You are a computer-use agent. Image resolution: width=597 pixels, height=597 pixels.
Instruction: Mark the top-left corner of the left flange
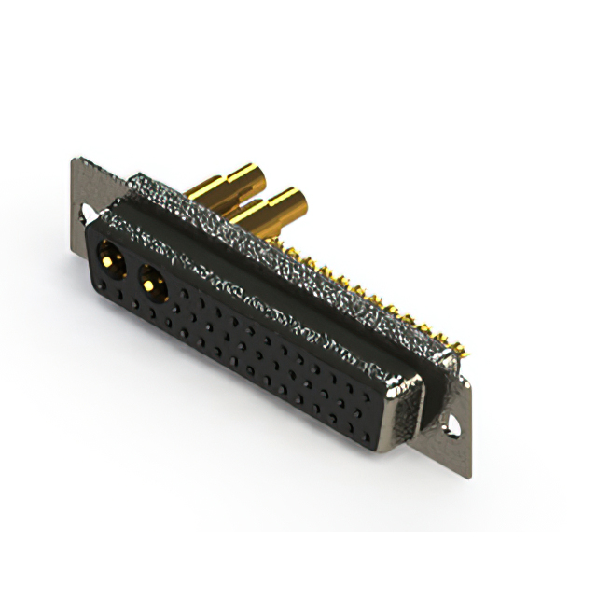pos(74,160)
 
